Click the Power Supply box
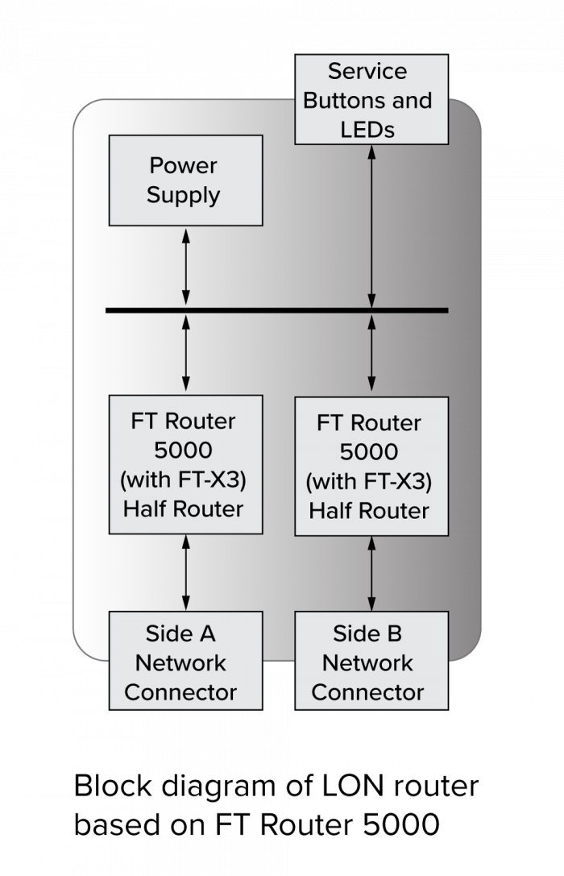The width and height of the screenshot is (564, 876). pos(185,180)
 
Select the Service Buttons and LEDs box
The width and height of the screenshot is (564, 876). pos(371,99)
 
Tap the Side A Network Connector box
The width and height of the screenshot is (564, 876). pos(185,660)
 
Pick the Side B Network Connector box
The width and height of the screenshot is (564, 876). pos(371,660)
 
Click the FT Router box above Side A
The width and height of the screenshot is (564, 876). pos(185,464)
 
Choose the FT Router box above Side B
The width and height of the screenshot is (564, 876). pos(371,466)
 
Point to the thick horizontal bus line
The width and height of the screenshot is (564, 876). pos(276,310)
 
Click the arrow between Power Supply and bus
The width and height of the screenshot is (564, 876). pos(186,268)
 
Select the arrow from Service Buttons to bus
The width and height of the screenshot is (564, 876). pos(371,226)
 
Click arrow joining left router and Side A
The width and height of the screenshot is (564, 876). pos(186,572)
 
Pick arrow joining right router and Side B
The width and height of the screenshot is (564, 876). pos(371,573)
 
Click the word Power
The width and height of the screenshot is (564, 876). pos(184,166)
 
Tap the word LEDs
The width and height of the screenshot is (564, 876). pos(367,129)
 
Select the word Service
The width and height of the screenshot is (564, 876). pos(367,71)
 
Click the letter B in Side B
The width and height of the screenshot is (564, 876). pos(393,634)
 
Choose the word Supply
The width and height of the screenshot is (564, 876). pos(184,196)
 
